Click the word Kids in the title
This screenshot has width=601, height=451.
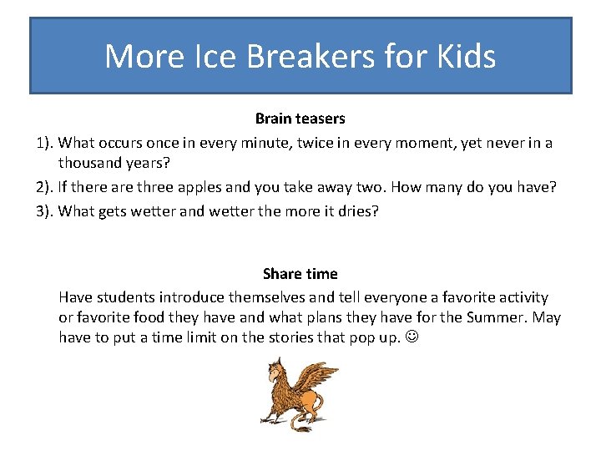463,57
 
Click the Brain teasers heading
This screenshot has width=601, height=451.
300,119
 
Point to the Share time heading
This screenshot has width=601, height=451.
300,274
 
